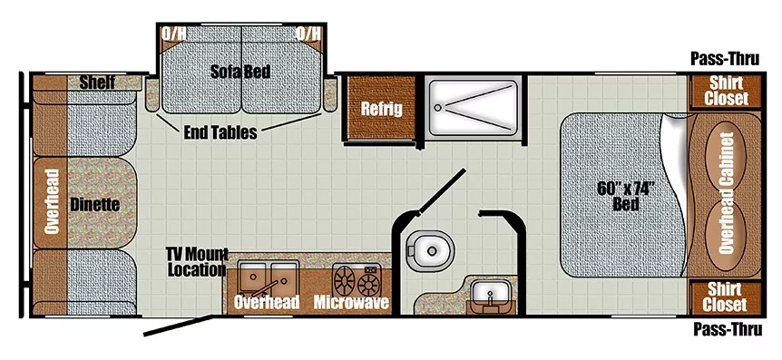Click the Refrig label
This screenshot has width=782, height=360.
tap(382, 109)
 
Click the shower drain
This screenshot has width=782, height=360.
tap(438, 107)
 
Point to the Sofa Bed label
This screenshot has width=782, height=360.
tap(240, 72)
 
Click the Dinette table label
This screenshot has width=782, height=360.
tap(94, 204)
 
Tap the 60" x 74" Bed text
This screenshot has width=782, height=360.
tap(625, 196)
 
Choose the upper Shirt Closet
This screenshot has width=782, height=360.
tap(726, 92)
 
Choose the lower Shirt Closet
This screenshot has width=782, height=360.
tap(726, 297)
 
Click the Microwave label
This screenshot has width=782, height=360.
tap(351, 302)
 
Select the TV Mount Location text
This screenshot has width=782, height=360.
tap(198, 262)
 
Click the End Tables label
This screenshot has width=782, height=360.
tap(220, 132)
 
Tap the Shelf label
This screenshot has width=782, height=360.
tap(97, 83)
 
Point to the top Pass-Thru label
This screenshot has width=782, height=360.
tap(725, 59)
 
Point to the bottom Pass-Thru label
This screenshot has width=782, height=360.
tap(728, 329)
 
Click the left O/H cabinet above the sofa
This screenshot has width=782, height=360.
tap(173, 34)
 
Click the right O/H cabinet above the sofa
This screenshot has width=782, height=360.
tap(308, 34)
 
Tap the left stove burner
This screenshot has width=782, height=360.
tap(345, 281)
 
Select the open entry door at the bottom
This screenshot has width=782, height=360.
tap(179, 326)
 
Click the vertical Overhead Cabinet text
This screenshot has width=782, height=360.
tap(726, 192)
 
